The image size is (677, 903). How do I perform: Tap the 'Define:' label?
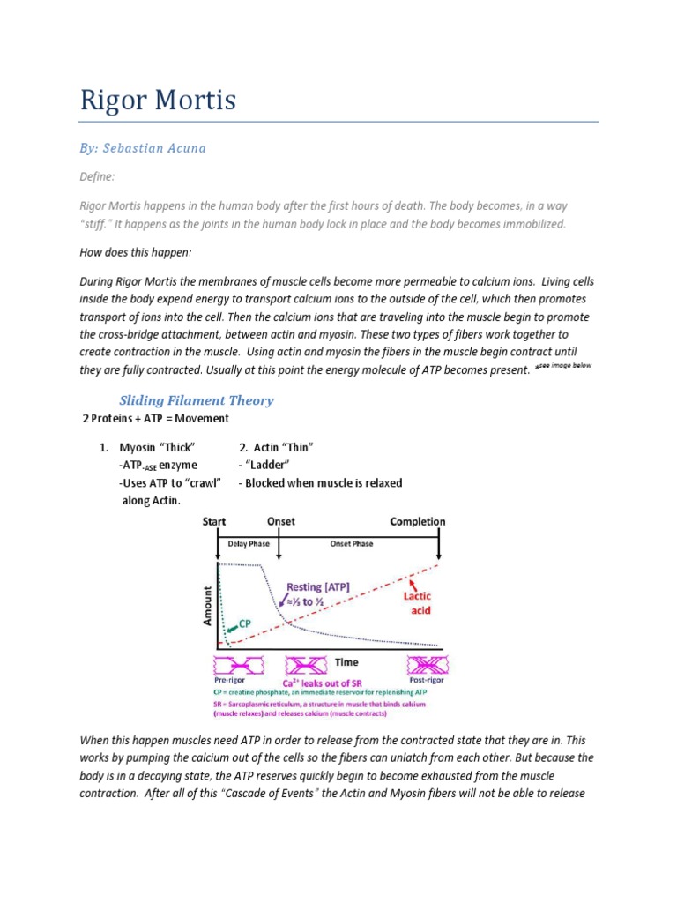tap(97, 176)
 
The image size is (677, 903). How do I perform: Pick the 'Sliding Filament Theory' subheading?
tap(196, 400)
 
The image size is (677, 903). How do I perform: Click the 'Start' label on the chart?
tap(214, 521)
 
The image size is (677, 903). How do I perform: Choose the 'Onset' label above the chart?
tap(281, 521)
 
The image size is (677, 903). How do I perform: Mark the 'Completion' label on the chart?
tap(417, 521)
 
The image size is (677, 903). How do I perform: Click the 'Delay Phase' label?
tap(249, 544)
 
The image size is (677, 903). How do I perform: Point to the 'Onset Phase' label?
tap(351, 544)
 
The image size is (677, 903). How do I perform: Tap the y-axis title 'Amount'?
tap(208, 606)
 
